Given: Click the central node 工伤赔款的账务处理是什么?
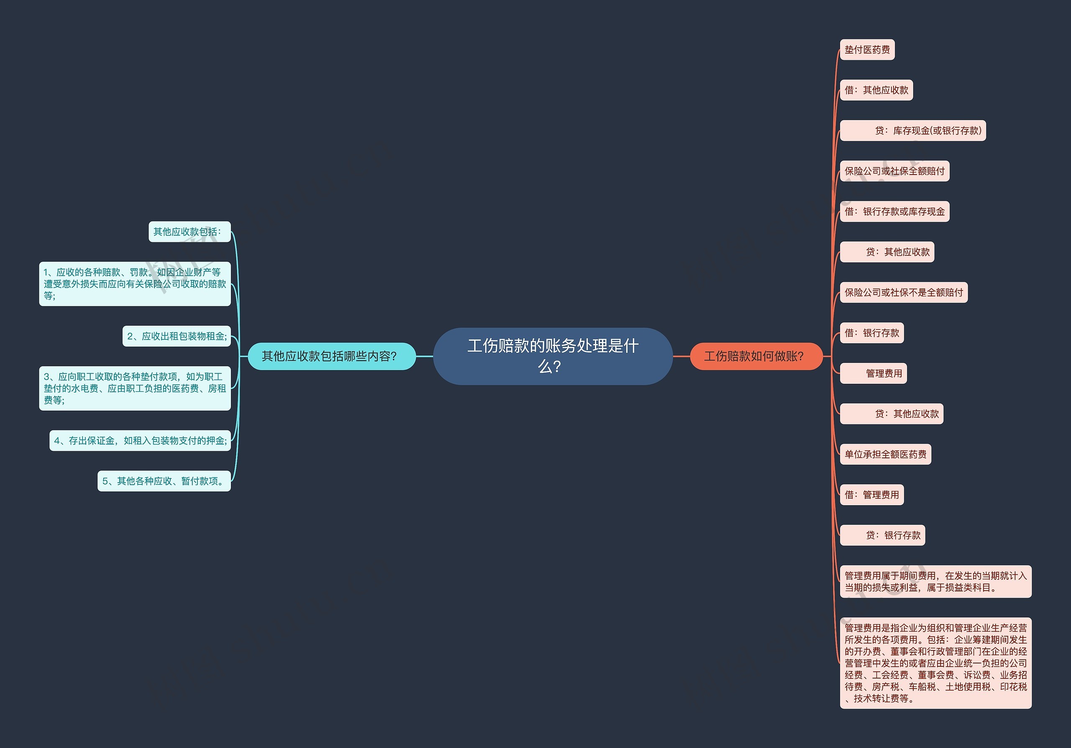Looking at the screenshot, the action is (x=552, y=356).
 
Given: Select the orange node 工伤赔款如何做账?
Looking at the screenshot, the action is (x=756, y=356).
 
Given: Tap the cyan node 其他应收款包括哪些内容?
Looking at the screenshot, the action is (x=331, y=356).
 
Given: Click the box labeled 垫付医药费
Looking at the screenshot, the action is (x=867, y=49).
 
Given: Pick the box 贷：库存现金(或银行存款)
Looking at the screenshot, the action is (x=912, y=131).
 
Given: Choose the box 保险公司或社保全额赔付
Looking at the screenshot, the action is (x=894, y=171).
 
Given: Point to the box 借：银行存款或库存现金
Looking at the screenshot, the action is (x=894, y=211).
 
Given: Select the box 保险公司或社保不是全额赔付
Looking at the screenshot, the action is (x=904, y=293).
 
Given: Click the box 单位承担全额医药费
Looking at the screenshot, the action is (x=885, y=454).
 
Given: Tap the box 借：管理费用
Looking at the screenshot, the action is (x=871, y=495).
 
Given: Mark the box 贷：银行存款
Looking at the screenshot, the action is (x=882, y=535).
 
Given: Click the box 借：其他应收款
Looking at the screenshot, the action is (x=876, y=90).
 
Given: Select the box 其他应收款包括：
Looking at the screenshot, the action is (x=190, y=231).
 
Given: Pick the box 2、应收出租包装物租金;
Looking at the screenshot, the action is (x=176, y=336).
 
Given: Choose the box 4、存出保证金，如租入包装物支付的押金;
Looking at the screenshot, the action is (x=140, y=440).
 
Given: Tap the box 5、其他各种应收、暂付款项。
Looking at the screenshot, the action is (x=164, y=481).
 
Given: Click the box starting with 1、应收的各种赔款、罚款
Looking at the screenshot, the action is (x=135, y=284).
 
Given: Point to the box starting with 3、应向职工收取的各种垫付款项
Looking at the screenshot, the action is (x=135, y=388).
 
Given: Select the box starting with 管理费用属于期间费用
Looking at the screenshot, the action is (x=935, y=581).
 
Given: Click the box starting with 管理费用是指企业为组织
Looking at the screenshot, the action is (x=935, y=663).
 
